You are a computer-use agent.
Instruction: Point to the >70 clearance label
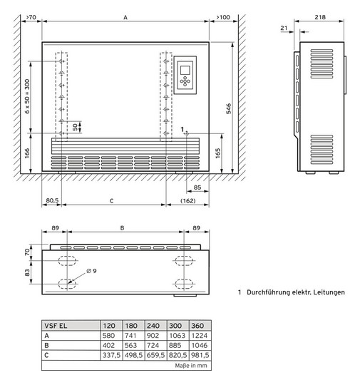point(31,15)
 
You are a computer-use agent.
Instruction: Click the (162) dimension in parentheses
point(187,201)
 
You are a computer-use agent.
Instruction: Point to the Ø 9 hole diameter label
point(91,270)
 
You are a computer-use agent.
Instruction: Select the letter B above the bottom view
point(122,230)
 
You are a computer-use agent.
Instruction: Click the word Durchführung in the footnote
point(274,292)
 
